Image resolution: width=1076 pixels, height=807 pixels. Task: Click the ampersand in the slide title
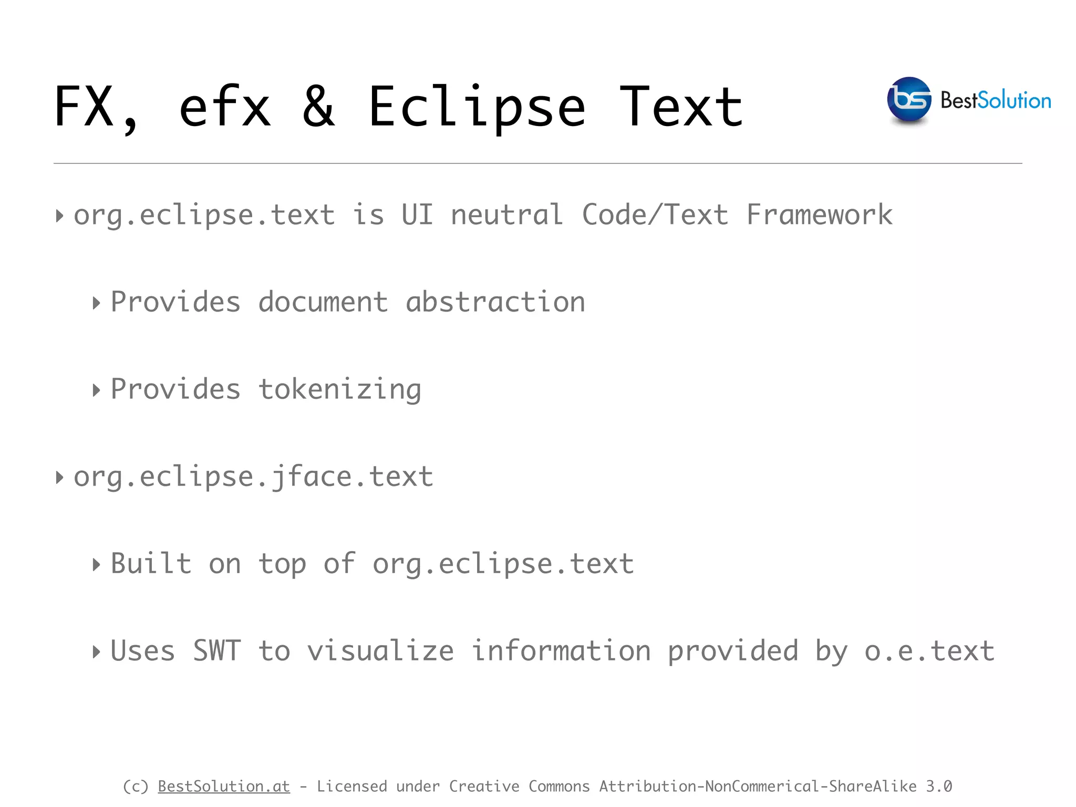pyautogui.click(x=318, y=107)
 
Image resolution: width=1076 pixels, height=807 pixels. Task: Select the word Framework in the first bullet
pyautogui.click(x=819, y=215)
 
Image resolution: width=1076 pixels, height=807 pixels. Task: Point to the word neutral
pyautogui.click(x=506, y=215)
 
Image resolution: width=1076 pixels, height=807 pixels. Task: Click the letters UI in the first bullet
pyautogui.click(x=417, y=215)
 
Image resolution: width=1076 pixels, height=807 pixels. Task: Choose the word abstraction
pyautogui.click(x=495, y=302)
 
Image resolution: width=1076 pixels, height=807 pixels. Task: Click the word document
pyautogui.click(x=323, y=302)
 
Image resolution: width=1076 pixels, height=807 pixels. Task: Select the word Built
pyautogui.click(x=151, y=564)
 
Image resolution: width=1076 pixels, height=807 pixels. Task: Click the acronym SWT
pyautogui.click(x=217, y=651)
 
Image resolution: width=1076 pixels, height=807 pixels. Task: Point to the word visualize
pyautogui.click(x=380, y=651)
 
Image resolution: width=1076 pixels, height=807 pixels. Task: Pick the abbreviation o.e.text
pyautogui.click(x=929, y=651)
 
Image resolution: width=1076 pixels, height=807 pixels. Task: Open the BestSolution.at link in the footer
pyautogui.click(x=224, y=786)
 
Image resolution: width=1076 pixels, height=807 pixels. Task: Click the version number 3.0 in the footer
pyautogui.click(x=939, y=786)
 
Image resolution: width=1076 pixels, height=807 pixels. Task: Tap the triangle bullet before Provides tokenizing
pyautogui.click(x=96, y=390)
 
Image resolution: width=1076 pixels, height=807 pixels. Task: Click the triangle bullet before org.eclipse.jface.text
pyautogui.click(x=59, y=477)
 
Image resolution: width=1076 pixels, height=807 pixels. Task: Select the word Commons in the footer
pyautogui.click(x=558, y=786)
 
